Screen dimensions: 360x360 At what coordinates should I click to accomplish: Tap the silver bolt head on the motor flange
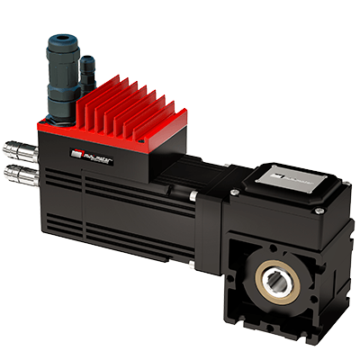tap(193, 197)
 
